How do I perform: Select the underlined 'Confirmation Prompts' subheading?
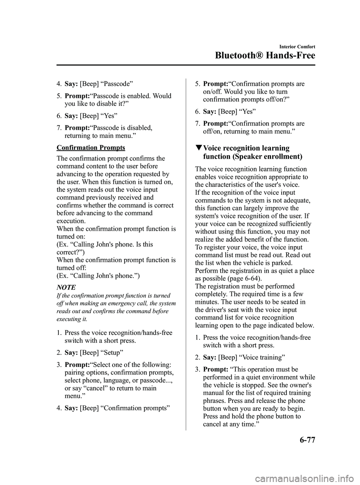[91, 147]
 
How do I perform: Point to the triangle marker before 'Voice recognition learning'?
[198, 149]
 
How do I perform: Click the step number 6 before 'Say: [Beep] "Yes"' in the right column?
[197, 112]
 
